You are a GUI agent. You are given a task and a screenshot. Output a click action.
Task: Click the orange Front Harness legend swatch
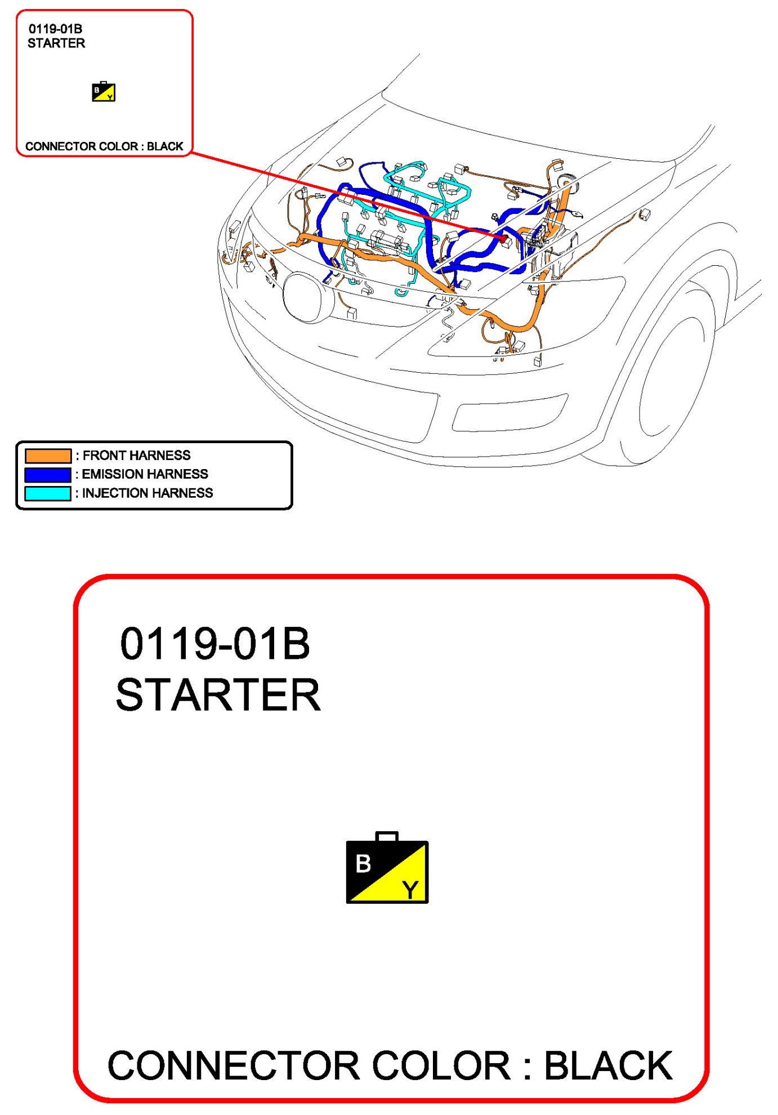click(48, 456)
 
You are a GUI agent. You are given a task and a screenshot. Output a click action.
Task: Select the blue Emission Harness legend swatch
click(48, 474)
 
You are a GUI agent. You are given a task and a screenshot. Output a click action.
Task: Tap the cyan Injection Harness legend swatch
click(48, 493)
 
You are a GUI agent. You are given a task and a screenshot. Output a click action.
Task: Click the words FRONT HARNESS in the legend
click(137, 455)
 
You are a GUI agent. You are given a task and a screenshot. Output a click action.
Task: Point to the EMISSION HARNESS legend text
click(145, 474)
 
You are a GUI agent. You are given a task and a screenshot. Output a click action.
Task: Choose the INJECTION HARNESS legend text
click(147, 493)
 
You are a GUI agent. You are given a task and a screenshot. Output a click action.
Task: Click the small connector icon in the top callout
click(104, 91)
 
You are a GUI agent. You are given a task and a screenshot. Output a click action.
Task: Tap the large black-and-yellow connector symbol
click(387, 868)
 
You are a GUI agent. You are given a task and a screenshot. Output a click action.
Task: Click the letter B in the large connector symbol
click(364, 863)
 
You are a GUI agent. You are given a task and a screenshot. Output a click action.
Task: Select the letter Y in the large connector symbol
click(410, 890)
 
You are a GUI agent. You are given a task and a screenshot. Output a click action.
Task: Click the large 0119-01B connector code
click(215, 644)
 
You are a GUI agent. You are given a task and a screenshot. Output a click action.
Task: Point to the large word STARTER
click(218, 695)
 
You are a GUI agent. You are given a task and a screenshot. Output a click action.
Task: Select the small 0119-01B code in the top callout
click(55, 29)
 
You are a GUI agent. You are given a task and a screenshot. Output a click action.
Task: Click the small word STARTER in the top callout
click(56, 43)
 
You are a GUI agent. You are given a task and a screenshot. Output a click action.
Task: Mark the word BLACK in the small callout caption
click(166, 146)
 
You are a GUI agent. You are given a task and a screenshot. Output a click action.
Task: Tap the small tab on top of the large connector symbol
click(387, 837)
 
